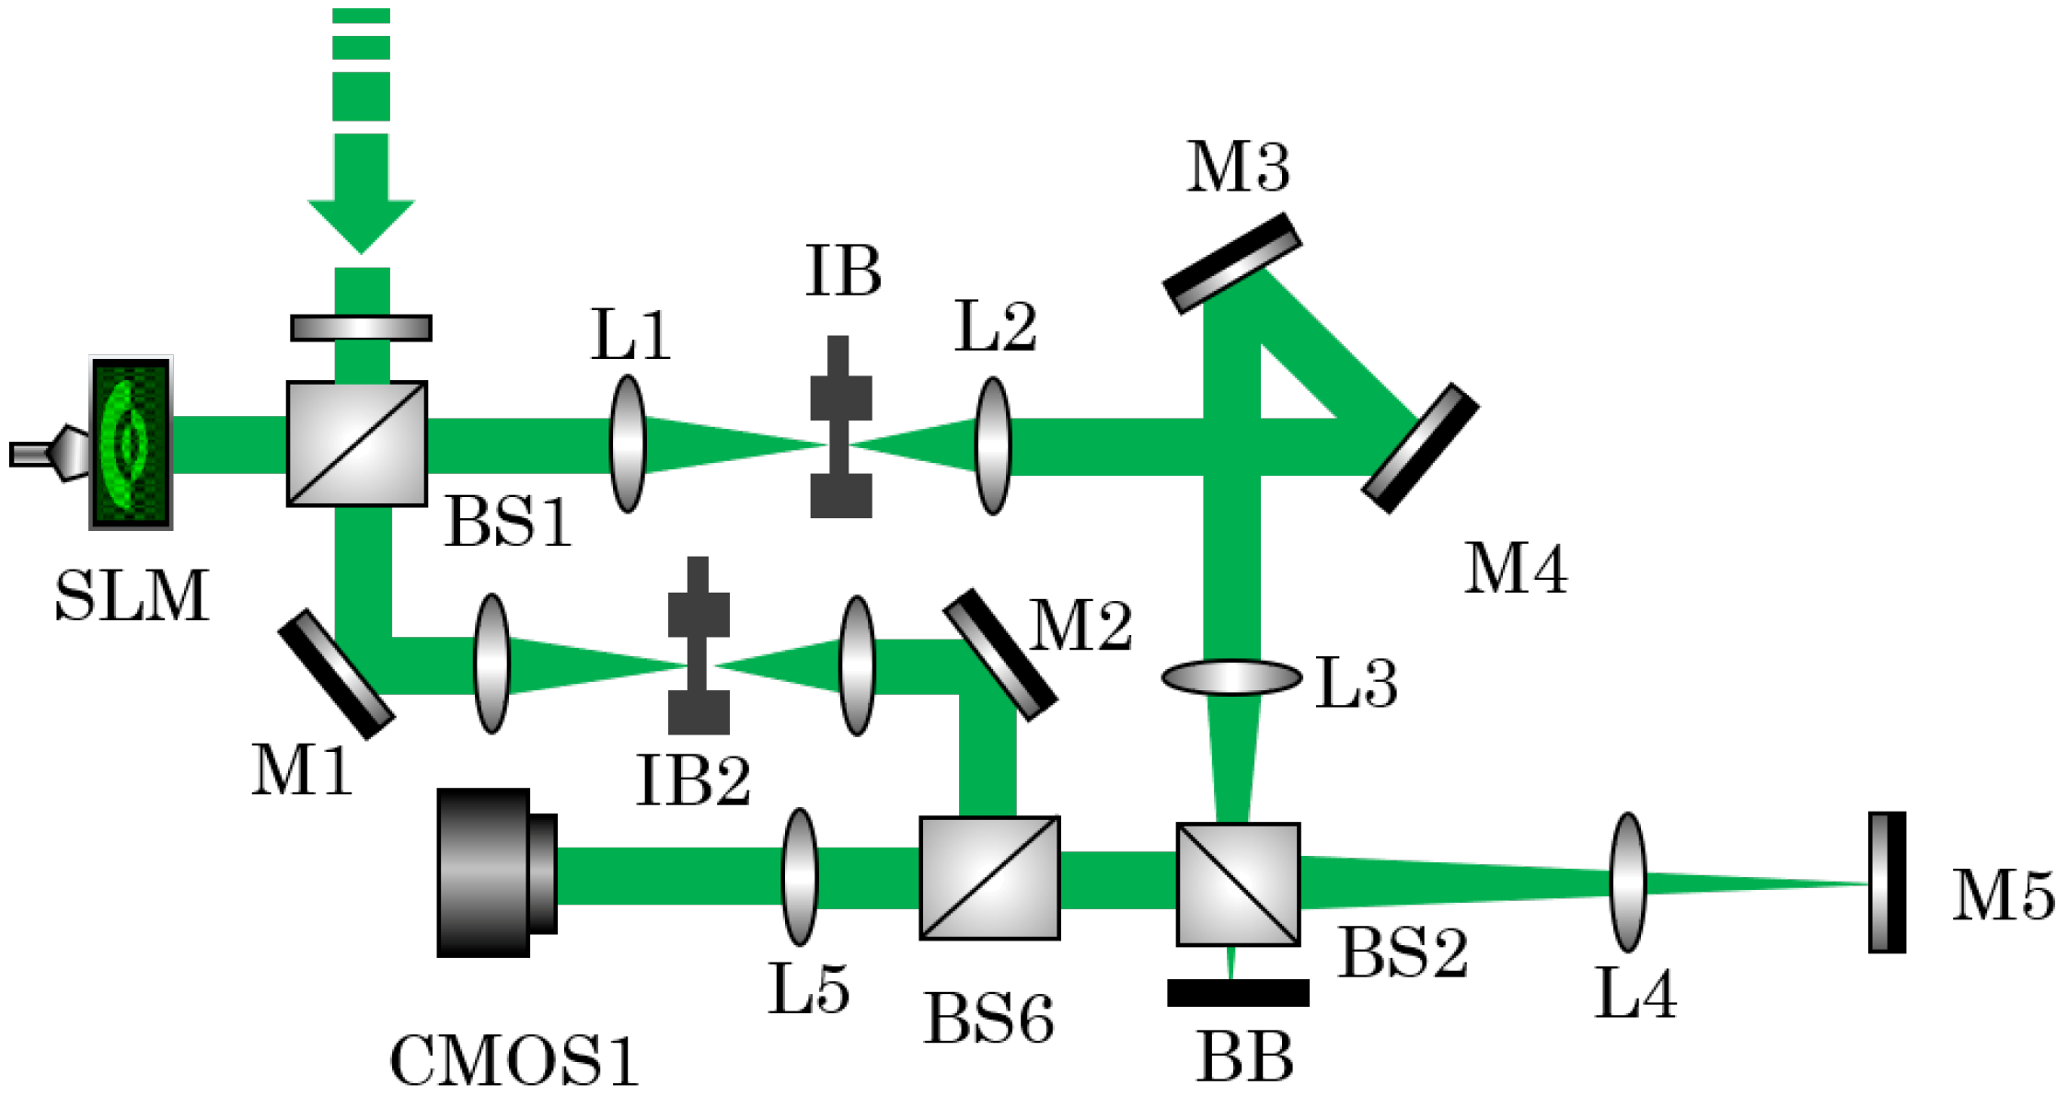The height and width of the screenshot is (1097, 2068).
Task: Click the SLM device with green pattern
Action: [x=131, y=443]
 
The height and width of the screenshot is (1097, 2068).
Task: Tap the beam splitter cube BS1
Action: [x=357, y=444]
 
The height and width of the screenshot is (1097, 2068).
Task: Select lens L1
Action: [x=628, y=444]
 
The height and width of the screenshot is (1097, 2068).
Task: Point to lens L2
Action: [x=993, y=445]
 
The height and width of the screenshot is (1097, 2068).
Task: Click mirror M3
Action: [x=1232, y=263]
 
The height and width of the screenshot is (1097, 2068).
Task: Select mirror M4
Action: [x=1420, y=448]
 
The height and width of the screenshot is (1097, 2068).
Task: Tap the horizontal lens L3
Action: [x=1231, y=677]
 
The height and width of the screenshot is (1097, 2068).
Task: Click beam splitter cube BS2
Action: [x=1238, y=884]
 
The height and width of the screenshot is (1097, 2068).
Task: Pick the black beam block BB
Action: [x=1238, y=993]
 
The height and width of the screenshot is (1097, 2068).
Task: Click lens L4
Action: [x=1627, y=882]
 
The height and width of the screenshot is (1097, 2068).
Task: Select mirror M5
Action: [x=1887, y=882]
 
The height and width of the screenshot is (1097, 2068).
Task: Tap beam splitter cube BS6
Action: [x=989, y=878]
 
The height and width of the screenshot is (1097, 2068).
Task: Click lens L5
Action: [x=799, y=877]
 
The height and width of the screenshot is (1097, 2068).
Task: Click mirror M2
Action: [x=999, y=654]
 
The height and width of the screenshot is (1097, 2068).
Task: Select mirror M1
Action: [x=337, y=675]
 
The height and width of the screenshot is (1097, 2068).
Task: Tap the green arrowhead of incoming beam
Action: [x=361, y=224]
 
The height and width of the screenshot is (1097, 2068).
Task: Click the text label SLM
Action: [x=132, y=596]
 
